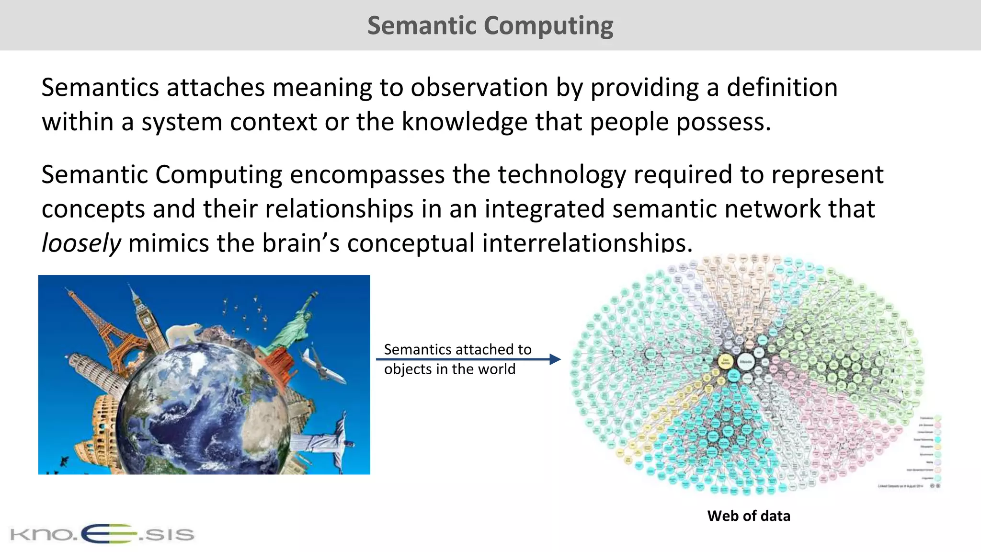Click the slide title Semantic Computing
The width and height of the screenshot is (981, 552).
click(x=490, y=25)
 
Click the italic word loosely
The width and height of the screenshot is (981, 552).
click(x=81, y=243)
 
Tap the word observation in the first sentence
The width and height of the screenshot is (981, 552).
click(x=479, y=88)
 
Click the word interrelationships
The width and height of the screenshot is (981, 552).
click(x=587, y=243)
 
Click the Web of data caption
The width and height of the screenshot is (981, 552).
click(x=748, y=516)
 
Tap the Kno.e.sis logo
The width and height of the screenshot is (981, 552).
click(x=102, y=534)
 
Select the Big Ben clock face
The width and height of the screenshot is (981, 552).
click(x=146, y=320)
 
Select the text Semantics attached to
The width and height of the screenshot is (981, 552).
click(x=457, y=349)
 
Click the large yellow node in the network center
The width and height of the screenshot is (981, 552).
click(x=726, y=362)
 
